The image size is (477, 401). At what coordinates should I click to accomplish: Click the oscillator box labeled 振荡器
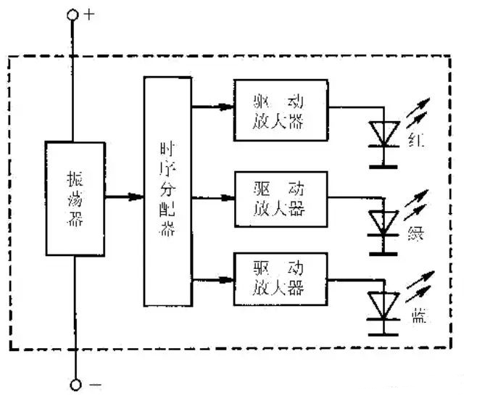pos(75,197)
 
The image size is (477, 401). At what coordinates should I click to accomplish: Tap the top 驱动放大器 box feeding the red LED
pos(280,110)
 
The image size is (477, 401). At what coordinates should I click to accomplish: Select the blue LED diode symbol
pos(383,305)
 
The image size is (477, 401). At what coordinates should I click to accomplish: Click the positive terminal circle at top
pos(73,15)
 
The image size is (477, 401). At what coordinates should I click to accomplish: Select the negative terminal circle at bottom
pos(73,384)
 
